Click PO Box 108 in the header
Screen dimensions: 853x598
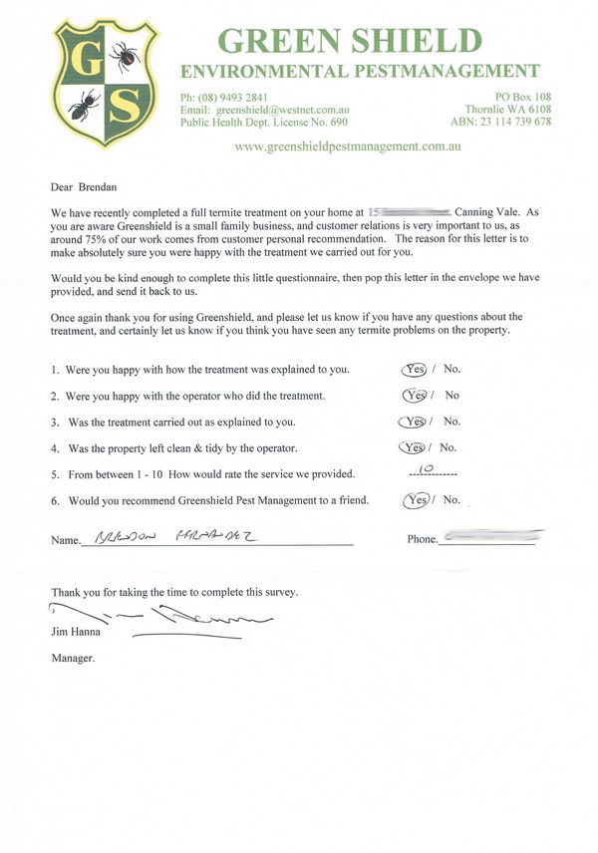[522, 97]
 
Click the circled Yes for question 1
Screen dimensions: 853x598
[414, 369]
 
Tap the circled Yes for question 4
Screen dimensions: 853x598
[411, 447]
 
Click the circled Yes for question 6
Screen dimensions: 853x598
[417, 500]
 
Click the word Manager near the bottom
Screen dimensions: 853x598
[72, 658]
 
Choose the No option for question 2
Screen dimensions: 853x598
[452, 395]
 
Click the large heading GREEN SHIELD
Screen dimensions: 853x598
[349, 41]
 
